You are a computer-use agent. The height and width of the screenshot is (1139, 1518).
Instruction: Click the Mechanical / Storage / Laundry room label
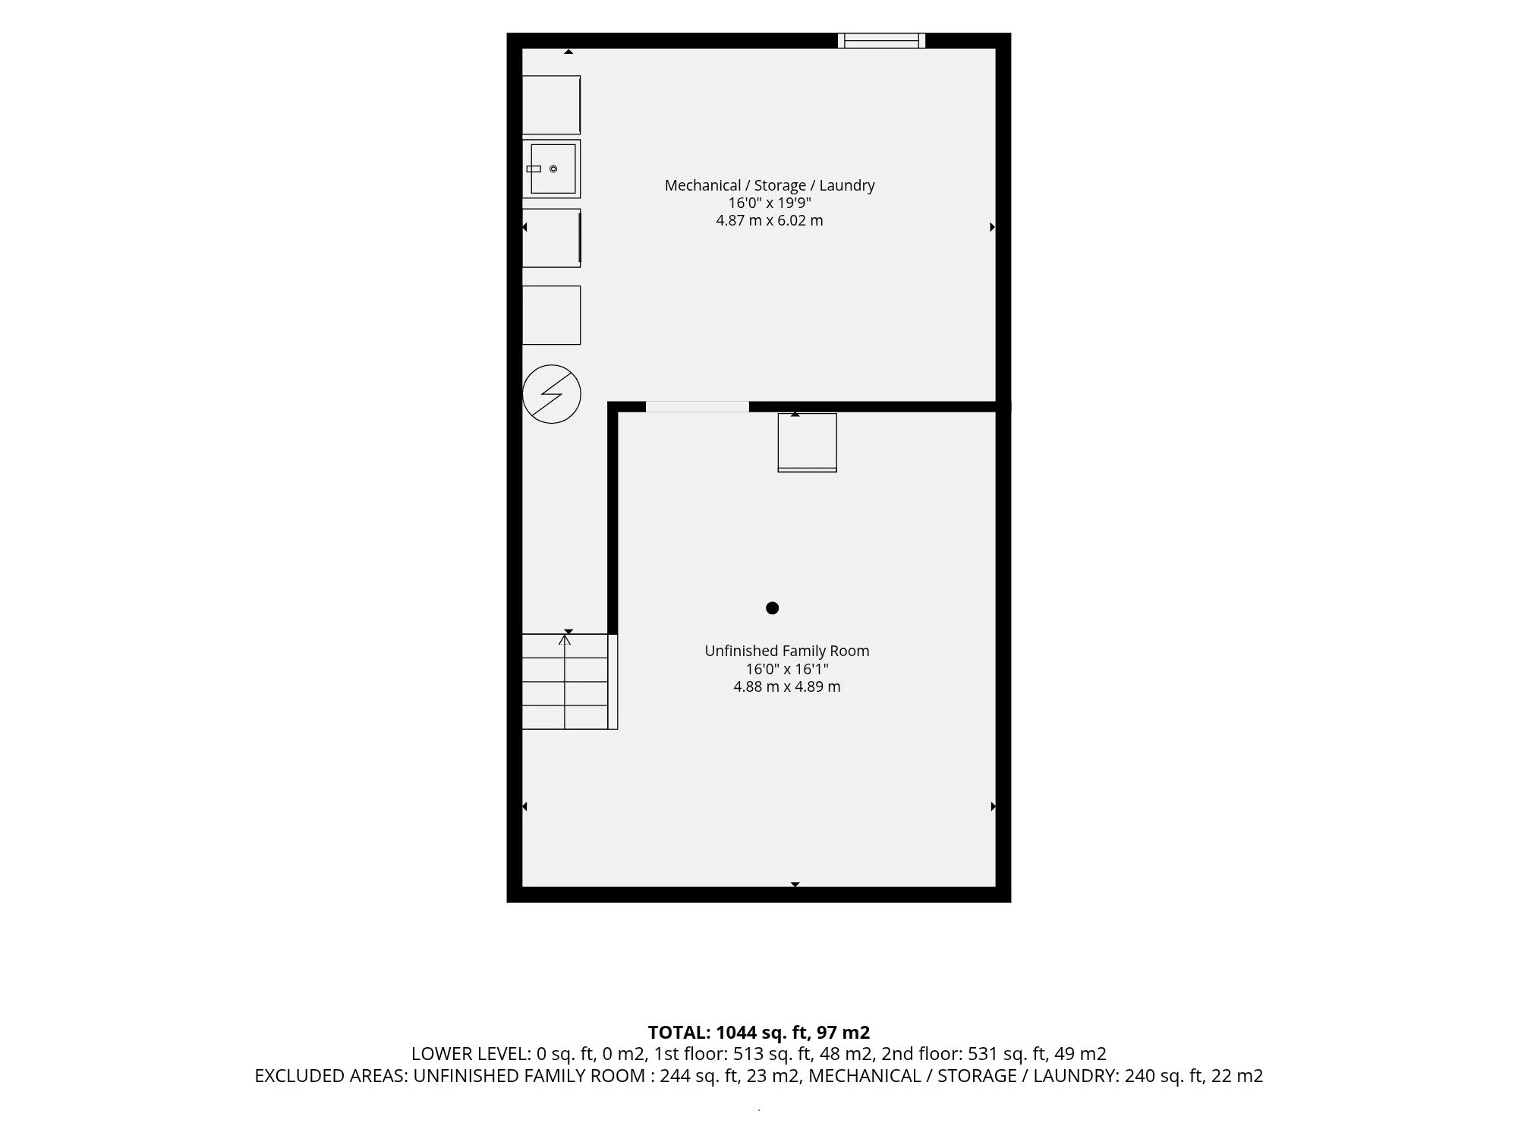pos(770,185)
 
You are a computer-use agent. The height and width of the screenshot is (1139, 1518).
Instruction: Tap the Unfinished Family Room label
pos(787,651)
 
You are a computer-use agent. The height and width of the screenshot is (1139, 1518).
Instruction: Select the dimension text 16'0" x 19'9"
pos(770,203)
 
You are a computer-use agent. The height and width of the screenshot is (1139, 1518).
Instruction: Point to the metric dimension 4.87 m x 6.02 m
pos(770,221)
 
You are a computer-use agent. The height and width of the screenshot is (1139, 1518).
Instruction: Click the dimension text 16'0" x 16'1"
pos(787,669)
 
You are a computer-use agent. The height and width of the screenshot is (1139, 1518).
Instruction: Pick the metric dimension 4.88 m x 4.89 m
pos(787,686)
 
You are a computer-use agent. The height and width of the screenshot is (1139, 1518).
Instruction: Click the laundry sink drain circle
pos(553,169)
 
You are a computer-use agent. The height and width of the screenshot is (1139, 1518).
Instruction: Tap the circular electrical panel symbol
pos(552,394)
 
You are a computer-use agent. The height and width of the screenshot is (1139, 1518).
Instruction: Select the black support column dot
pos(773,607)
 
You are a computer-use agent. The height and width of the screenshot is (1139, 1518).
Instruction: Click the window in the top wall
pos(881,40)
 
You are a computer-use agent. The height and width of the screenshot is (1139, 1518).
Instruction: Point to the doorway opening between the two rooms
pos(697,407)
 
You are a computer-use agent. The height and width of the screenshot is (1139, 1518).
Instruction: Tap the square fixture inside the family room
pos(808,443)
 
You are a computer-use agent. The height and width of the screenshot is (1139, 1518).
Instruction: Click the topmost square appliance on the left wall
pos(552,105)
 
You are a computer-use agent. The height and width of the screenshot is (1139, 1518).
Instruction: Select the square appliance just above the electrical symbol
pos(552,315)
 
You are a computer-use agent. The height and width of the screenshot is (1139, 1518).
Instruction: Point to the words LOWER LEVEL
pos(470,1054)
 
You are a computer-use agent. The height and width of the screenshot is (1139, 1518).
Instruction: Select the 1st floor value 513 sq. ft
pos(774,1054)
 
